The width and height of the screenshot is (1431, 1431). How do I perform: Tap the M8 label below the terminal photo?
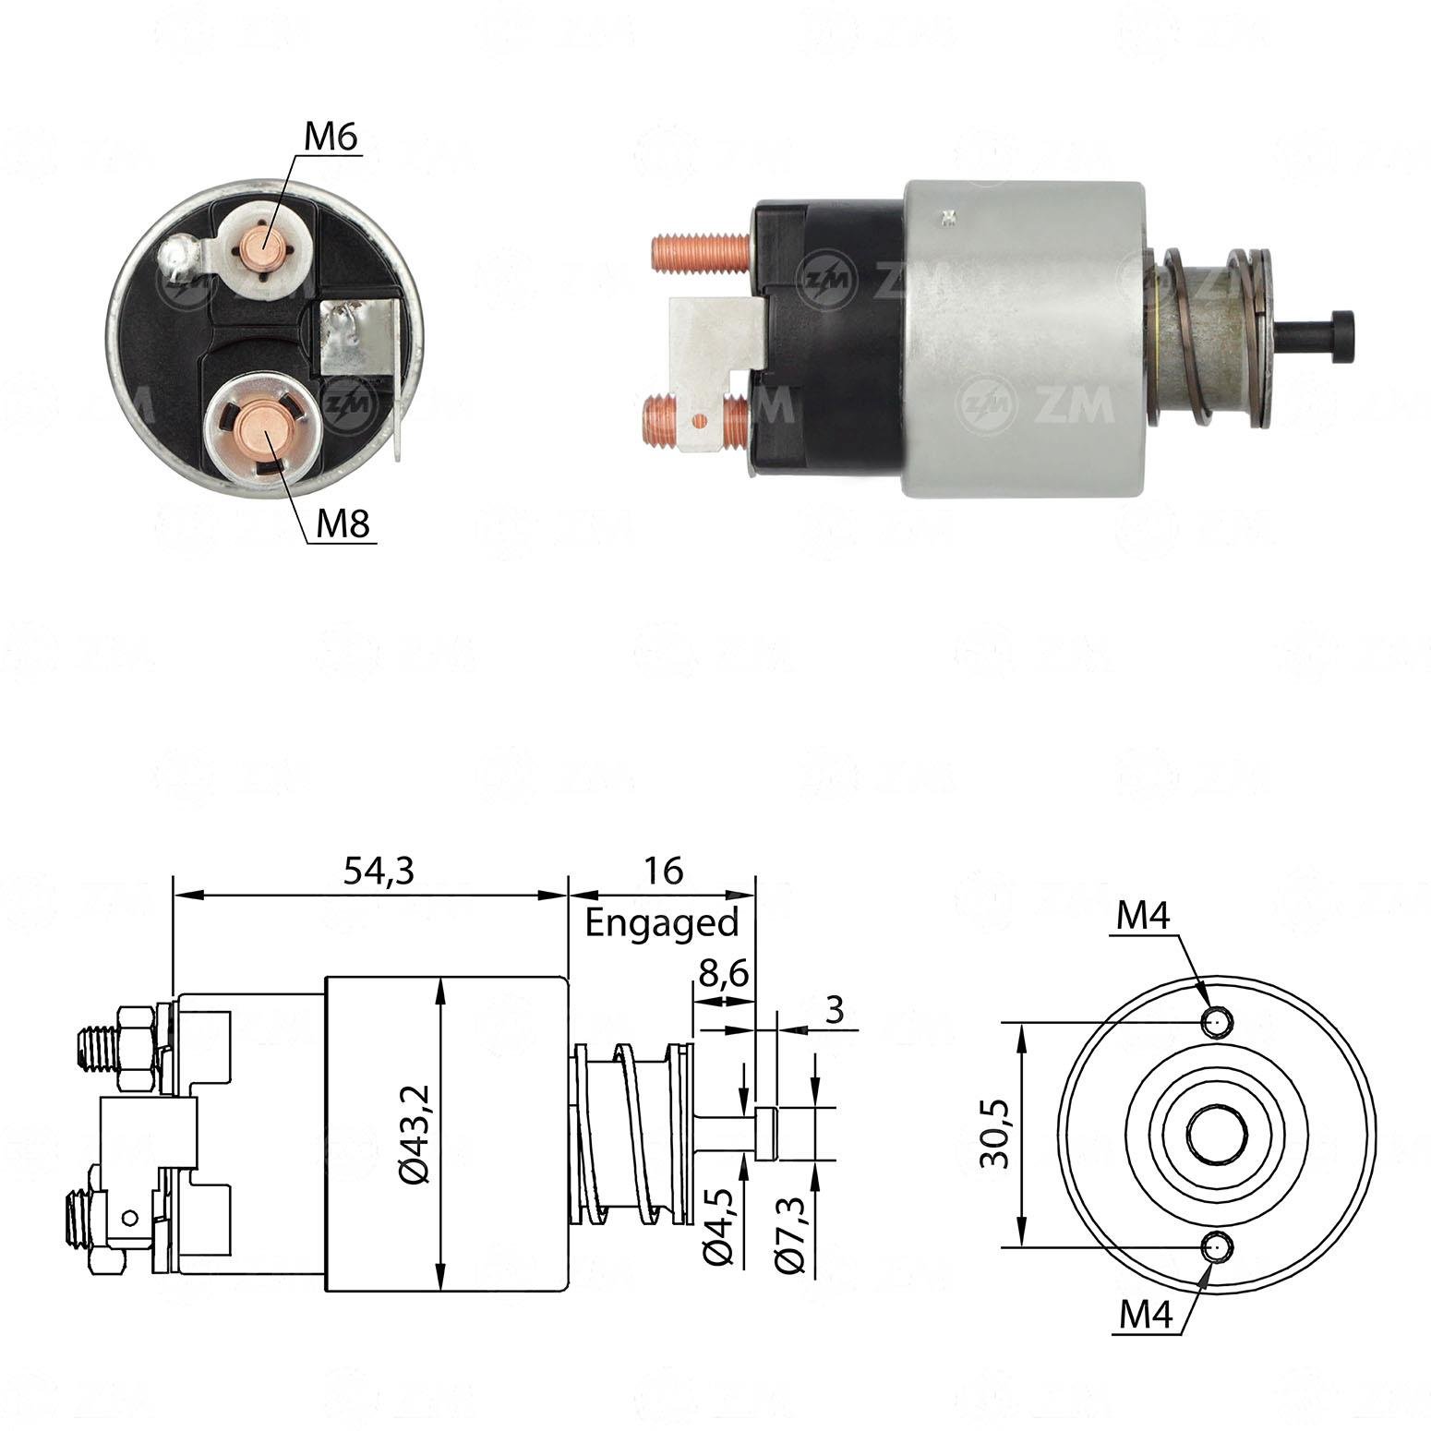point(343,524)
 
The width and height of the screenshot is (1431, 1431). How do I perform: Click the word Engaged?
point(662,922)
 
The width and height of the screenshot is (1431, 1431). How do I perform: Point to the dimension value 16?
point(663,871)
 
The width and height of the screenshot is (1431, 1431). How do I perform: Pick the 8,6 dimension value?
point(722,975)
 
